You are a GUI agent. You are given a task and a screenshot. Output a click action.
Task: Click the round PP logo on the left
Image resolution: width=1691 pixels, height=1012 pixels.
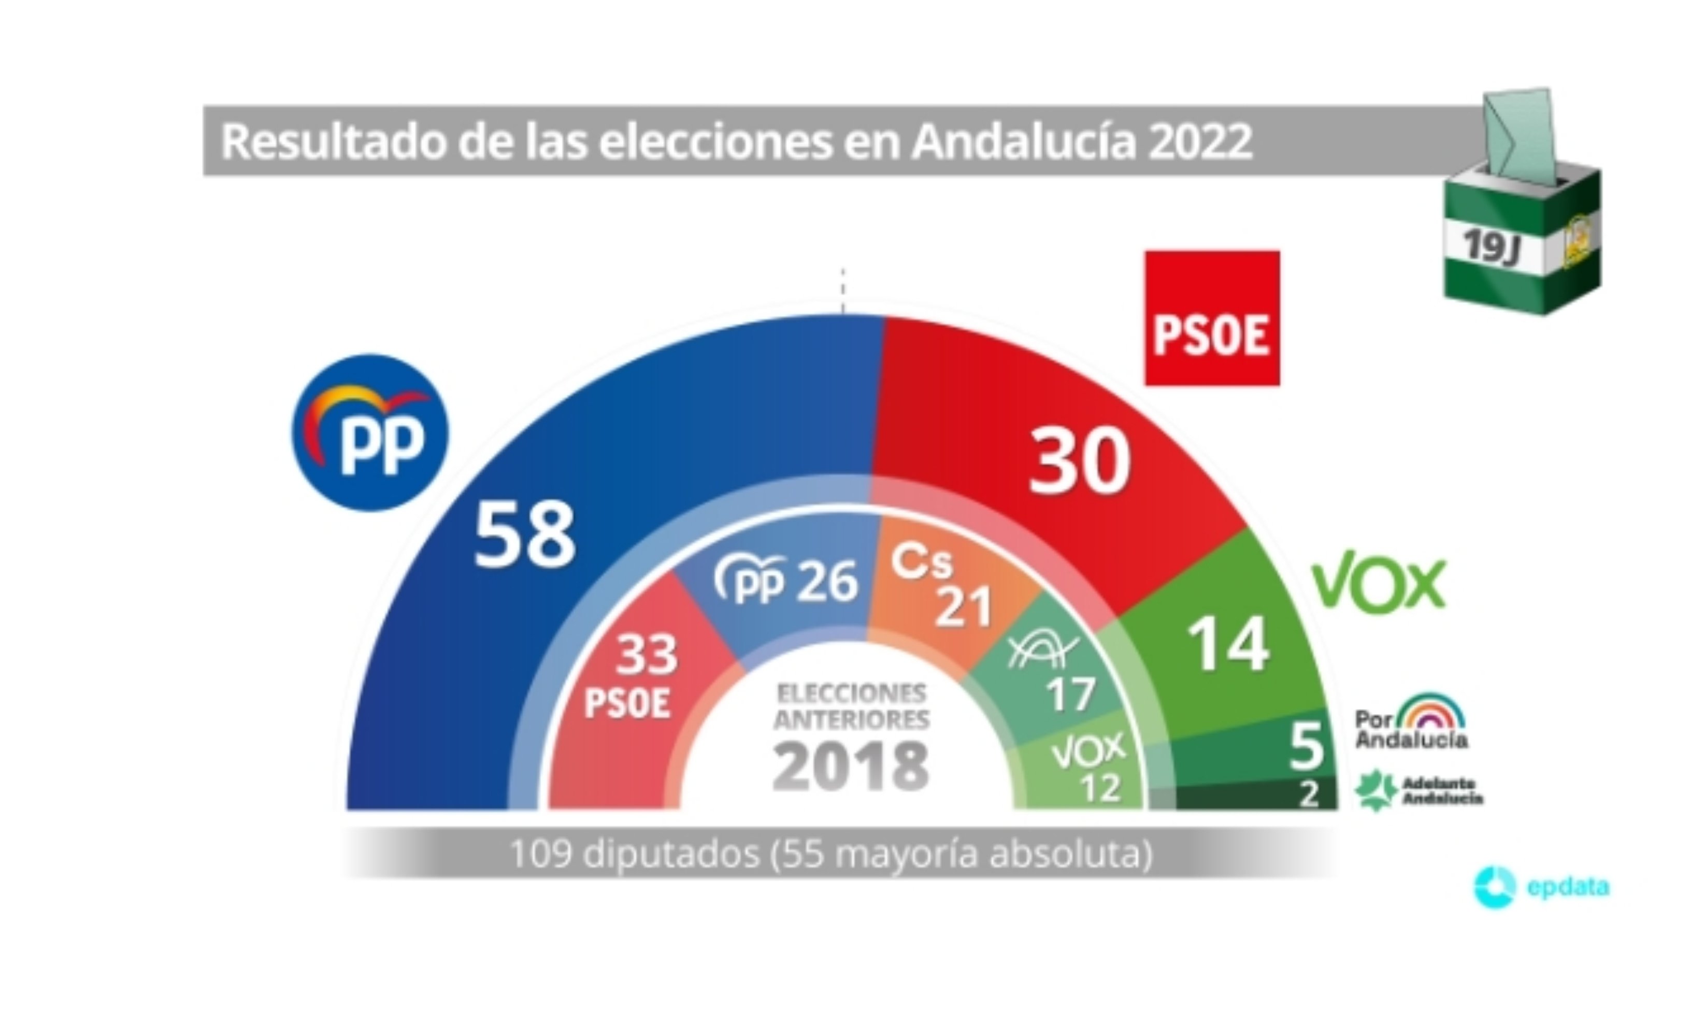(370, 432)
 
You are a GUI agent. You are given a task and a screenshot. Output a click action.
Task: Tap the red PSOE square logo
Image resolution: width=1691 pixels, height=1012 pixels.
(1211, 319)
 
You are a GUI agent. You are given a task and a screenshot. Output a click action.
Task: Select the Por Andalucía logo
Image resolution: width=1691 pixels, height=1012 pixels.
(1411, 723)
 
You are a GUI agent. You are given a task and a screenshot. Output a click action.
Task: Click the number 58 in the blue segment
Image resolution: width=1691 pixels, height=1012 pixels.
(524, 536)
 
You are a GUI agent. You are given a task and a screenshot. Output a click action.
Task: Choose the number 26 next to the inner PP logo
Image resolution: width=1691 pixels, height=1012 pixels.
(827, 582)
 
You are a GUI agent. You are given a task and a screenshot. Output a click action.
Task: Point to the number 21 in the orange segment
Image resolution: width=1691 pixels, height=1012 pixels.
(963, 606)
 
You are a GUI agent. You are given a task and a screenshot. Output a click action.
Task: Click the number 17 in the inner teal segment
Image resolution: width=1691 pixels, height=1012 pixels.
(1070, 694)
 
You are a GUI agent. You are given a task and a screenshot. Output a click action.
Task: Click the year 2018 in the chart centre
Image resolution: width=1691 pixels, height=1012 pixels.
(851, 766)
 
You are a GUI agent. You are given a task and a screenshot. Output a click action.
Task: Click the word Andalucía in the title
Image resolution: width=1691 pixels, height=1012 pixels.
(1023, 141)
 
